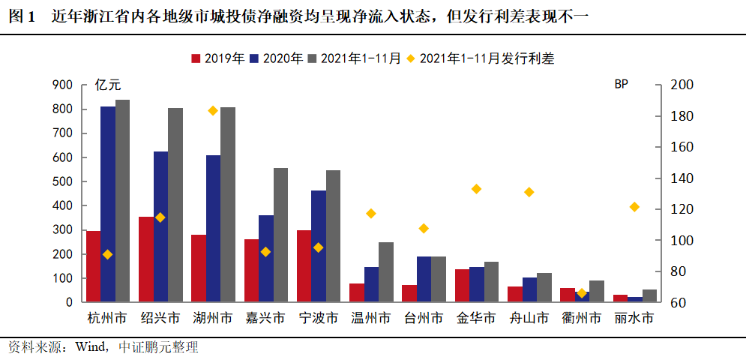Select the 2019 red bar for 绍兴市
coord(146,259)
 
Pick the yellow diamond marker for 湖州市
coord(213,110)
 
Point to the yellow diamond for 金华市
coord(476,189)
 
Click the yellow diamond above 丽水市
coord(634,206)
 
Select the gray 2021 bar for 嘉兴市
coord(280,235)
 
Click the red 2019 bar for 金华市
coord(463,286)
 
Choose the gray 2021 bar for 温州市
coord(386,272)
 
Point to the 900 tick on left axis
coord(62,85)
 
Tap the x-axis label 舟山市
coord(529,318)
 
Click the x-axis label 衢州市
coord(581,318)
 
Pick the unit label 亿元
coord(108,85)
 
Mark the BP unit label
coord(621,84)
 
